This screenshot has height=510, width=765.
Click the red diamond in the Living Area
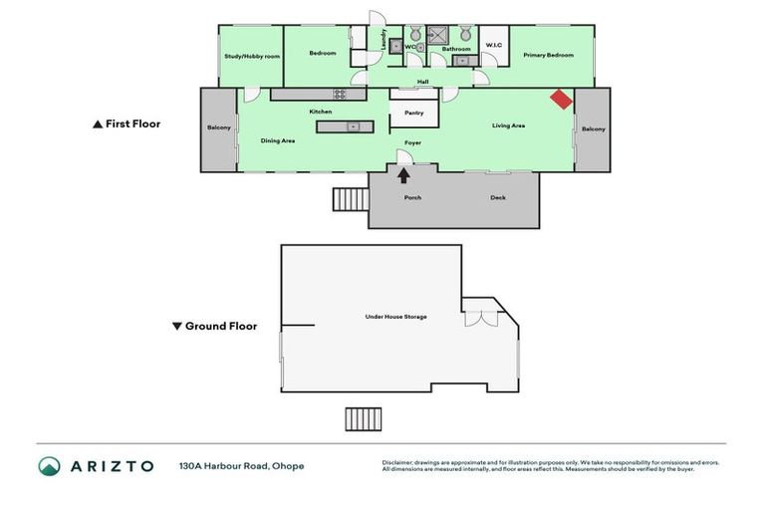562,100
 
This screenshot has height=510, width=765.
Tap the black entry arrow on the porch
403,176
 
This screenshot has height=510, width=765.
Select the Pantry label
413,113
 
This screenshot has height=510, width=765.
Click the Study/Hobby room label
252,57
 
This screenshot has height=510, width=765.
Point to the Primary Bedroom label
549,55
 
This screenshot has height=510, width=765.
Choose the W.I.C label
494,46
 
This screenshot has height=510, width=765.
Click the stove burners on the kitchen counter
339,95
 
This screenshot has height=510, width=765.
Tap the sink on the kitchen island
353,127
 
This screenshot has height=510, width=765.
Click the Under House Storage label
395,317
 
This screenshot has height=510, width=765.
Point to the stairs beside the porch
350,199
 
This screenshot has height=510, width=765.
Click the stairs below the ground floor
364,419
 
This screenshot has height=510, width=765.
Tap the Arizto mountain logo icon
49,466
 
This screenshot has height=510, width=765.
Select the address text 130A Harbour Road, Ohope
241,466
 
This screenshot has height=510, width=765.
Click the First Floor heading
126,125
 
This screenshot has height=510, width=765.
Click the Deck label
498,197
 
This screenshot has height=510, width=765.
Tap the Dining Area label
278,140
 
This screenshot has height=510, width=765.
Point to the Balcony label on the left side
219,127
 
